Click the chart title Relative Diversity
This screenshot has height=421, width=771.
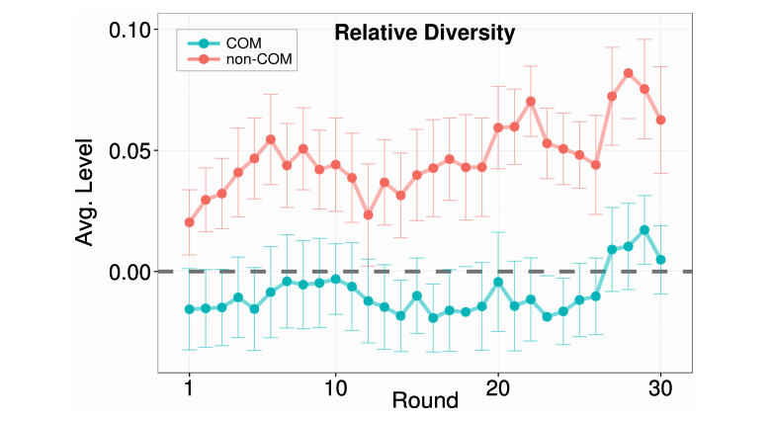(425, 33)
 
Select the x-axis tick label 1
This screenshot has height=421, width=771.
(189, 388)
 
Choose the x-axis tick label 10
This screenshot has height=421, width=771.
(335, 388)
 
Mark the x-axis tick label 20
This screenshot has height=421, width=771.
(498, 388)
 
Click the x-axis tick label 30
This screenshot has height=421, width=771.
(660, 388)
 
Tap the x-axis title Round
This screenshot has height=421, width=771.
(425, 401)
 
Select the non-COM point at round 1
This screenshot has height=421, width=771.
(189, 222)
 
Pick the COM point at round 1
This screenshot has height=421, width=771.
(189, 309)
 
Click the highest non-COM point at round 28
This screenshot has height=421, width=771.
(628, 73)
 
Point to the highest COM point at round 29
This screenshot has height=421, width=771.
(644, 230)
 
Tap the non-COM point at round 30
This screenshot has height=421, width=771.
(660, 120)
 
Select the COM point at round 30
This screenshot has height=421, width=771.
(660, 260)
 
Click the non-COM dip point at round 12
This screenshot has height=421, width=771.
(368, 214)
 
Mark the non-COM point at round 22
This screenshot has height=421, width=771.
(531, 101)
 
